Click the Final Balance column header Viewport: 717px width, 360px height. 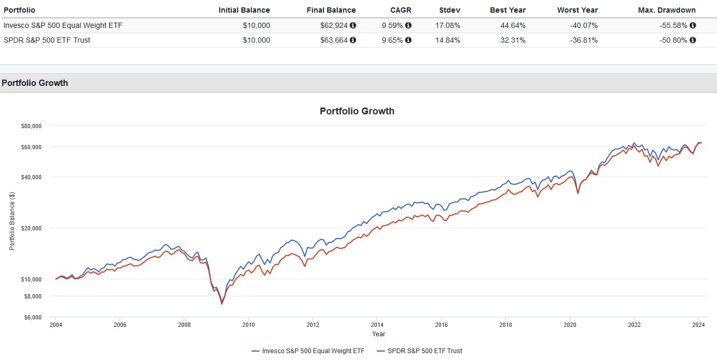tap(331, 10)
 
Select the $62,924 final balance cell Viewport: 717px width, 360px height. tap(335, 25)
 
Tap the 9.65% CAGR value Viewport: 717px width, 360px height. tap(392, 40)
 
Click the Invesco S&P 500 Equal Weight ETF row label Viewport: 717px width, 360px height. tap(63, 25)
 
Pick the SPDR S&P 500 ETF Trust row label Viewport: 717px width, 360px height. tap(47, 40)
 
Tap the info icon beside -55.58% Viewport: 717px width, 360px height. tap(693, 25)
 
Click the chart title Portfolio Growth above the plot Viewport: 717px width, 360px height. tap(357, 111)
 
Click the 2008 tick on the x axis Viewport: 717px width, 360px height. tap(184, 325)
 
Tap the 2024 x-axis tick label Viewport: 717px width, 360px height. tap(698, 325)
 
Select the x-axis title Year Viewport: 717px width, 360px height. tap(378, 334)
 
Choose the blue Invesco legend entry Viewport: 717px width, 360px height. tap(311, 351)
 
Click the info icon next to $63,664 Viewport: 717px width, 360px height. tap(353, 40)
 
